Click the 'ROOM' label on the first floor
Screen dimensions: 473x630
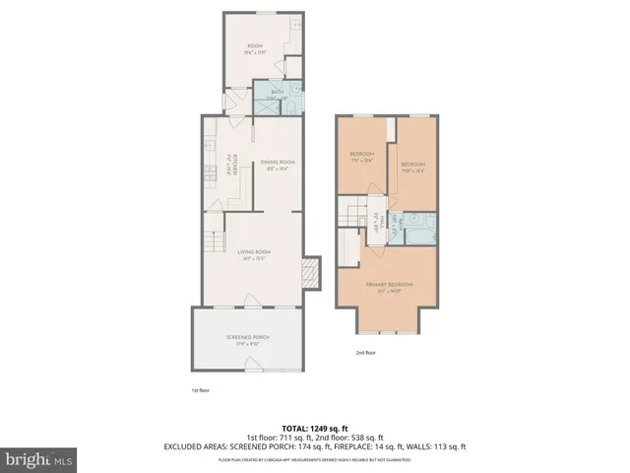(x=253, y=45)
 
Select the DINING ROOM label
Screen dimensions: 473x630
(x=278, y=163)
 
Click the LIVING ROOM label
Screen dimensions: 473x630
(x=254, y=252)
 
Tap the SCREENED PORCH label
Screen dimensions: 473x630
(x=253, y=338)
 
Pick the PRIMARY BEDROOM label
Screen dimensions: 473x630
(x=390, y=286)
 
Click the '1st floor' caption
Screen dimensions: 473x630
(x=201, y=389)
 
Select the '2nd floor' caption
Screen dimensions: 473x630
(x=366, y=351)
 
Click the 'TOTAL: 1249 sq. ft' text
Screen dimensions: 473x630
(x=315, y=426)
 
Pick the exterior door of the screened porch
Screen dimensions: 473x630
(x=253, y=369)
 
